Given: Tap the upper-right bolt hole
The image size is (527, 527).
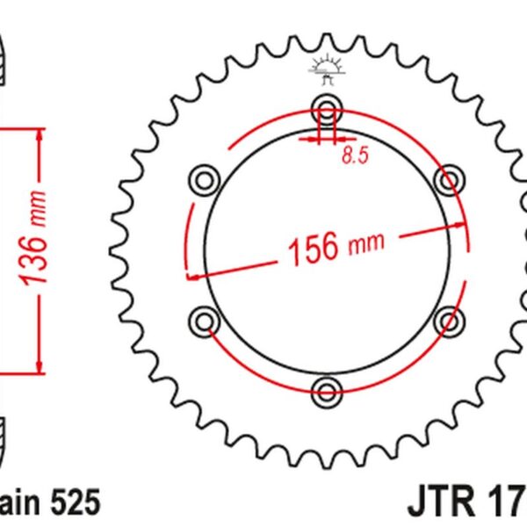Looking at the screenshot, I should tap(449, 181).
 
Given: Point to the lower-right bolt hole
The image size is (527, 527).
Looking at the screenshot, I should tap(449, 319).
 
